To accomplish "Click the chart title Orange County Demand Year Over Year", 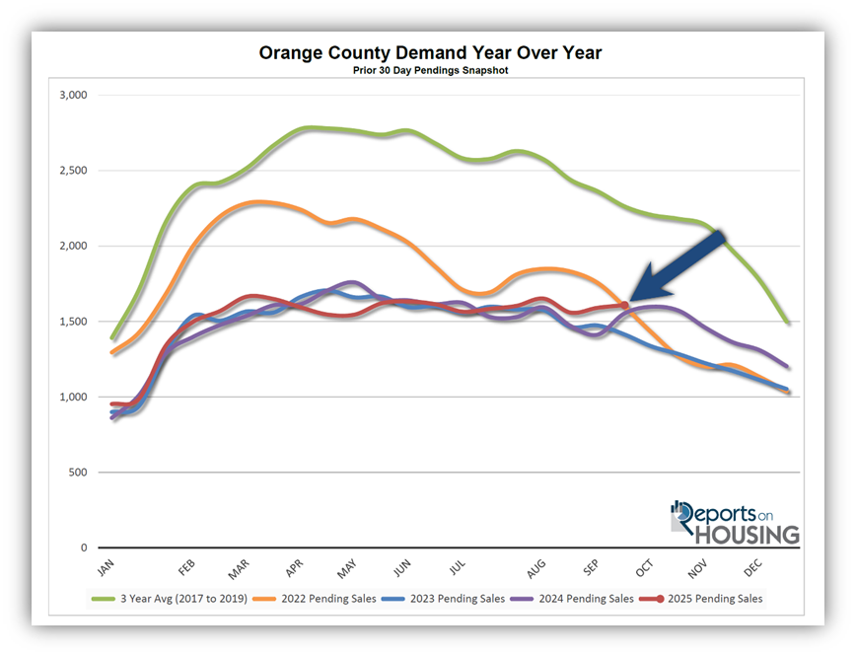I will (430, 52).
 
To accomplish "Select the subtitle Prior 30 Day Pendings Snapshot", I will (430, 71).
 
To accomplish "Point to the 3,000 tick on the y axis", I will (73, 96).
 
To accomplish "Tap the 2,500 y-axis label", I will (73, 171).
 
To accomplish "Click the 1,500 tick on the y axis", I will (73, 322).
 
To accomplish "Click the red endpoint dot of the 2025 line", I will (624, 306).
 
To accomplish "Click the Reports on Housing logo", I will (734, 522).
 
